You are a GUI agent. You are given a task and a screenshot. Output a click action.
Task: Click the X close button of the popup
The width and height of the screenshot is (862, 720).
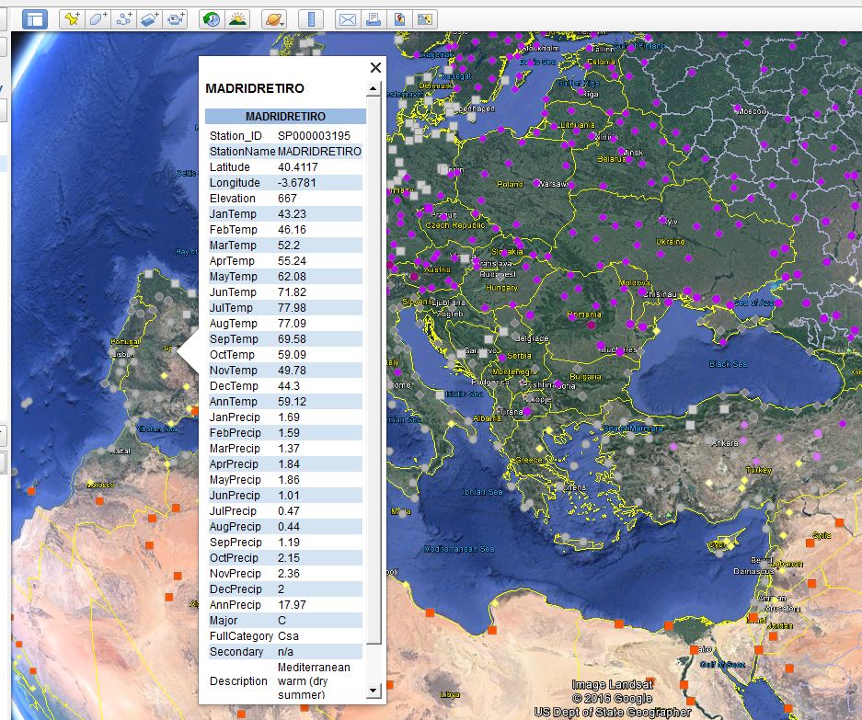[x=375, y=67]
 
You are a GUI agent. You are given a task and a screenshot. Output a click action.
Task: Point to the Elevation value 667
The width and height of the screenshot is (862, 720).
[x=287, y=199]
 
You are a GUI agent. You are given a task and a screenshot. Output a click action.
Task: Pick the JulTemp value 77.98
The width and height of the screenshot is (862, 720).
[x=293, y=308]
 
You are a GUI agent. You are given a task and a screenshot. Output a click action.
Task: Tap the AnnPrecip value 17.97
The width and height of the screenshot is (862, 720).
[x=293, y=605]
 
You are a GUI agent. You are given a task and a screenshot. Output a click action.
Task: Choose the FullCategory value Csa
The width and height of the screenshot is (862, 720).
[x=289, y=636]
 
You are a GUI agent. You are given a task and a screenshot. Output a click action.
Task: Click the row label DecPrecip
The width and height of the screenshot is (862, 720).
[x=235, y=589]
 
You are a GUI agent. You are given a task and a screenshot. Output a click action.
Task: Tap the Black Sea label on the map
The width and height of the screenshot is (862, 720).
[x=728, y=364]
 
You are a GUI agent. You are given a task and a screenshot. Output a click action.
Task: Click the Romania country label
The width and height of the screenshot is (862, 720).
[x=584, y=314]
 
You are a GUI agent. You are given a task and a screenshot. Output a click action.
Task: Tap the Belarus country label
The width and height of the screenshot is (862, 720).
[x=612, y=158]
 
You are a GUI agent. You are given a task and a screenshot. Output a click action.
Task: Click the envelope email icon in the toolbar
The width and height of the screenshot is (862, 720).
[x=347, y=19]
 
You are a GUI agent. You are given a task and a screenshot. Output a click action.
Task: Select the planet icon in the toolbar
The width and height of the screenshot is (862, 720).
[x=274, y=19]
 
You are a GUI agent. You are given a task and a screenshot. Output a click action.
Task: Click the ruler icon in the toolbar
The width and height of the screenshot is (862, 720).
[x=313, y=19]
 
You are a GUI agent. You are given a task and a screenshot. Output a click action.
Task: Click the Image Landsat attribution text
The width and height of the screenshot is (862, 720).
[x=612, y=685]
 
